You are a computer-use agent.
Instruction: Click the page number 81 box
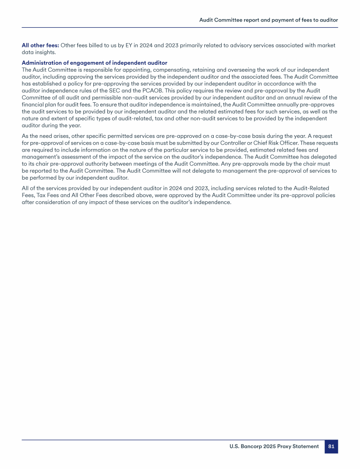331,446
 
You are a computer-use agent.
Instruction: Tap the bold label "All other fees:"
40,45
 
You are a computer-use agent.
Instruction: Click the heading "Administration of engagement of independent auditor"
94,63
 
